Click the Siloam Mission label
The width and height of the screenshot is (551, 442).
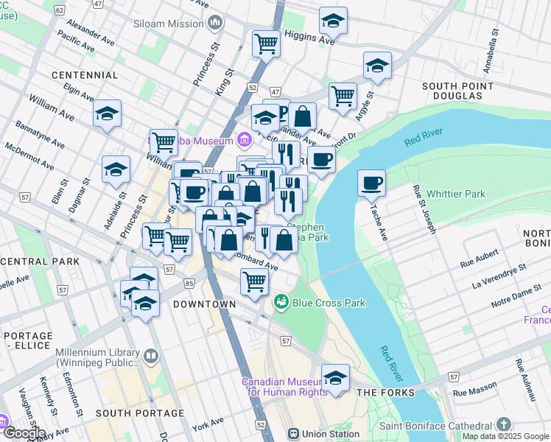coord(169,23)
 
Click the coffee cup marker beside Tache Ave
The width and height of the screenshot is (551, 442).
coord(372,182)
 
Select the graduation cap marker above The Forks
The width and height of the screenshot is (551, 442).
coord(335,376)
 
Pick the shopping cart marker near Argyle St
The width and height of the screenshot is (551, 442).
coord(343,96)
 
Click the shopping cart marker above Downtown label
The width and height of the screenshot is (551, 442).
coord(254,281)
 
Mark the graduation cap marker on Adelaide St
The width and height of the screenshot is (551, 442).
coord(116,169)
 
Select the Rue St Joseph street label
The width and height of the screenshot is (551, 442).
coord(424,211)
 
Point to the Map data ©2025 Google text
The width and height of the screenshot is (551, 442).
coord(505,437)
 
